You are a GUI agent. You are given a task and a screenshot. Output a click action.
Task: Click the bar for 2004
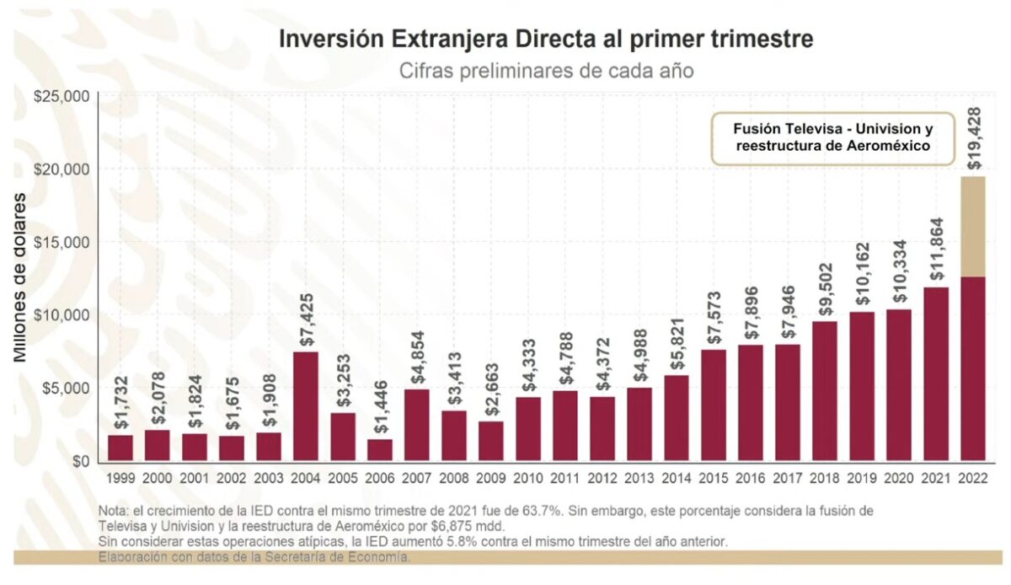305,405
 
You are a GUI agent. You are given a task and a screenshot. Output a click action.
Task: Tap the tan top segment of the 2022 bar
972,226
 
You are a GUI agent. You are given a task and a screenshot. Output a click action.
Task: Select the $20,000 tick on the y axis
63,169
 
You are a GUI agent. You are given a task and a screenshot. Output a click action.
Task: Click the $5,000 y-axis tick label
67,388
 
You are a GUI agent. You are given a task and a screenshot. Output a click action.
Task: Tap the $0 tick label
80,461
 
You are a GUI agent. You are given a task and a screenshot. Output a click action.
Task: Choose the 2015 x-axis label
714,478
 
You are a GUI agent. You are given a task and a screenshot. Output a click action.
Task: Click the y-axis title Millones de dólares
20,277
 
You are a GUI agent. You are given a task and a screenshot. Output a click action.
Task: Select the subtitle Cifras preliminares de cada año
547,71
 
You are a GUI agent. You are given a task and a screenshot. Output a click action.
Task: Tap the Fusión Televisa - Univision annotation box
832,138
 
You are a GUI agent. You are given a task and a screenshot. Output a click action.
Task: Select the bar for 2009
490,441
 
